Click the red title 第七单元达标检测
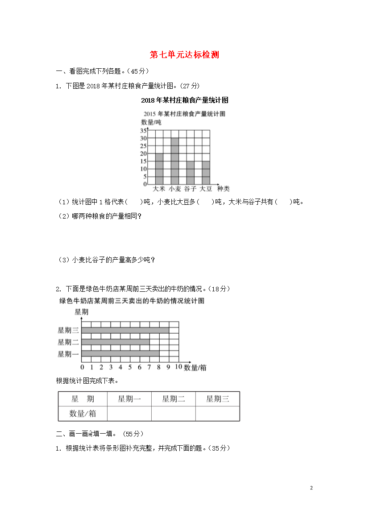coord(184,55)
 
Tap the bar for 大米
coord(159,169)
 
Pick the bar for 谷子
coord(190,172)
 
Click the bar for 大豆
coord(206,172)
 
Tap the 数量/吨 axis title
coord(151,122)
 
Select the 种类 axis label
coord(223,189)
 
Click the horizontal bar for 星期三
coord(125,330)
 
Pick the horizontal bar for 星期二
coord(115,342)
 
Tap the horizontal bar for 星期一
coord(120,354)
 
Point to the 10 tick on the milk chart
coord(178,367)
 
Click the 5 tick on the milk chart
coord(130,367)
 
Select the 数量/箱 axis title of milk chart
coord(195,368)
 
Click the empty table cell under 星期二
coord(173,414)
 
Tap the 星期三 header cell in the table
coord(217,399)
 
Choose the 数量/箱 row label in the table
coord(83,414)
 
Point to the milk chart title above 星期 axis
coord(132,301)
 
